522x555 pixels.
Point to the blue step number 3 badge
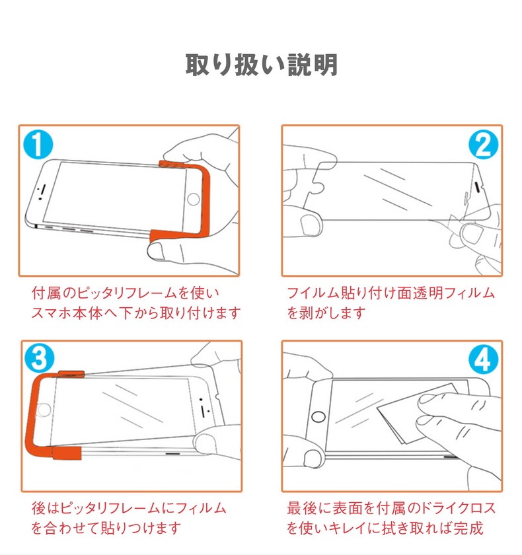[x=38, y=359]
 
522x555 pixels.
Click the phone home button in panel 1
[x=194, y=198]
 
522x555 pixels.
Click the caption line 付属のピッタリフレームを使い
[x=126, y=292]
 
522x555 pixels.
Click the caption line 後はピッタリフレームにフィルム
[x=129, y=507]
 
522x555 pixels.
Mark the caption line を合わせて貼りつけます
[x=106, y=528]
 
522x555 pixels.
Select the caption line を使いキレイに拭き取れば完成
[x=385, y=528]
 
